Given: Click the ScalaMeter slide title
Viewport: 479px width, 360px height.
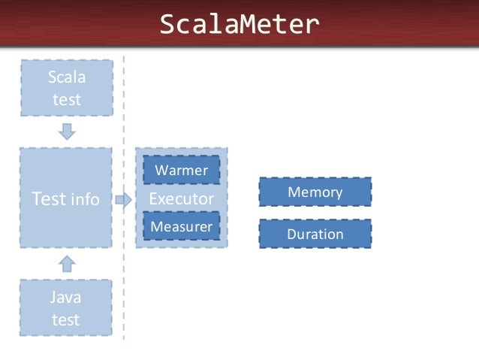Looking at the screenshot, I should [239, 26].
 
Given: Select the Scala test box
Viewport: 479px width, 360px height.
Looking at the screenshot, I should [66, 88].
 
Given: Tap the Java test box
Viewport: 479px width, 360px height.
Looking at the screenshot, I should [66, 308].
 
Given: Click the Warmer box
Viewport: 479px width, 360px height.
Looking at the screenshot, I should [181, 171].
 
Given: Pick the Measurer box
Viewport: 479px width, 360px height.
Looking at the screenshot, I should [181, 226].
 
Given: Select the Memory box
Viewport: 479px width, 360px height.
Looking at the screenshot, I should [315, 192].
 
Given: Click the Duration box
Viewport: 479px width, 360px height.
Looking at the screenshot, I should [315, 234].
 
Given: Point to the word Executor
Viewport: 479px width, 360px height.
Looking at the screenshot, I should [181, 199].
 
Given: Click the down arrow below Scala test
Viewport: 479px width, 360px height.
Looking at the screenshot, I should [67, 132].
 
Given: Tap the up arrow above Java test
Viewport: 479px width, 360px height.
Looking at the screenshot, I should [67, 263].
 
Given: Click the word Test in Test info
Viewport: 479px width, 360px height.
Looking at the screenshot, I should [48, 199].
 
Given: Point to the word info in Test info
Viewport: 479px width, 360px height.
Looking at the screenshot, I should [85, 200].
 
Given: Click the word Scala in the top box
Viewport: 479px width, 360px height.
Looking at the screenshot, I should [66, 77].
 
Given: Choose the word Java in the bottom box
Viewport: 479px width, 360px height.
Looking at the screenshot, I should [66, 298].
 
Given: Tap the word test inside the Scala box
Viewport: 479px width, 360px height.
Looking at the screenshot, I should [66, 99].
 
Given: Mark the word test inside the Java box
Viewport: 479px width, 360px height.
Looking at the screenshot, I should [66, 319].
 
